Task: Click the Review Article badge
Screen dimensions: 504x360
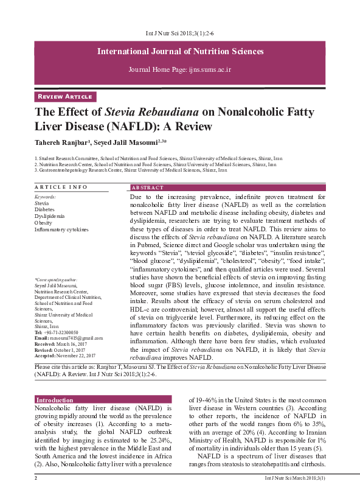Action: (66, 96)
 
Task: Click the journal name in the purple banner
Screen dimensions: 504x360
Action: (180, 51)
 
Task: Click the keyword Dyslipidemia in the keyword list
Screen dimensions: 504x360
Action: (50, 215)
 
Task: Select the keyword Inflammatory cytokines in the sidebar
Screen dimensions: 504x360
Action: (61, 229)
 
